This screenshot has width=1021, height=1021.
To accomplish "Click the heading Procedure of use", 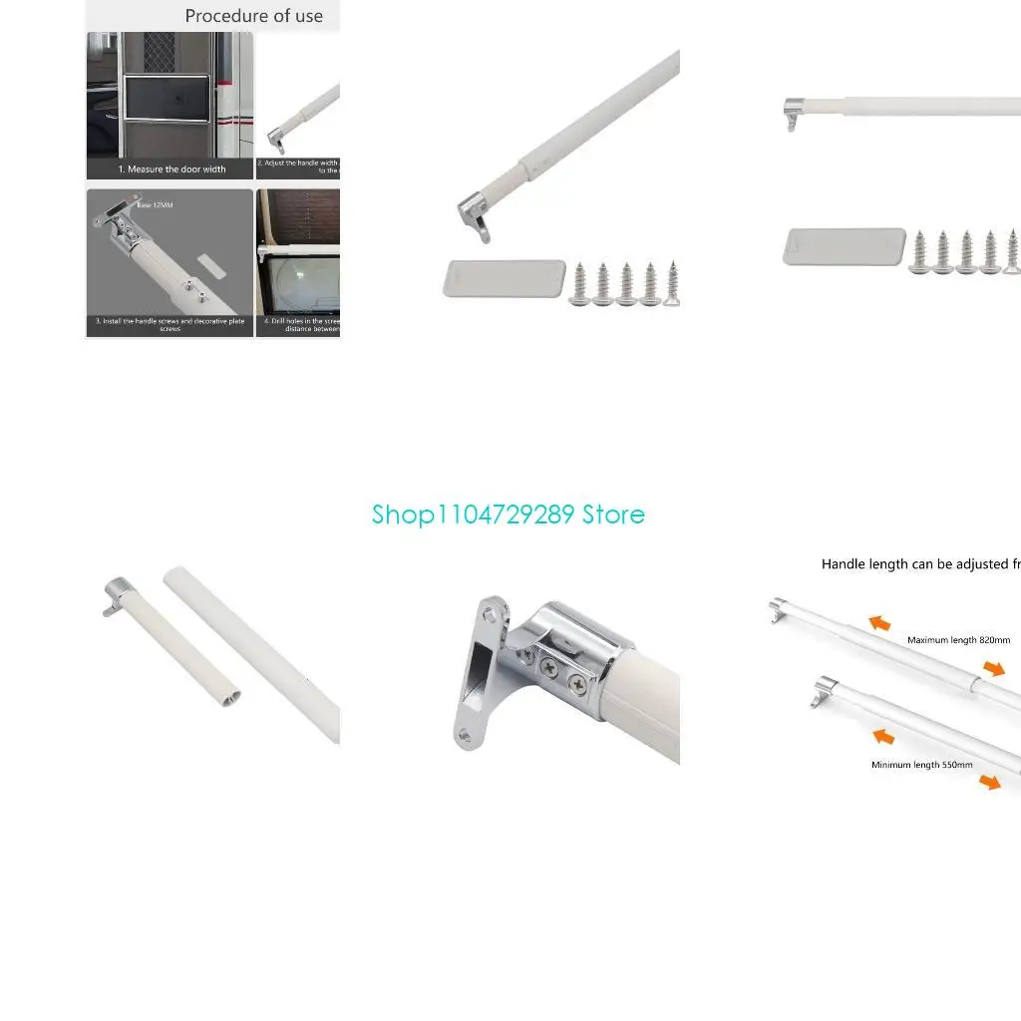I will coord(253,16).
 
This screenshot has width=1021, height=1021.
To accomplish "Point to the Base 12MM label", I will coord(155,204).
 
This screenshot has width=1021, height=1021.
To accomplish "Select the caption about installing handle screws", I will coord(170,324).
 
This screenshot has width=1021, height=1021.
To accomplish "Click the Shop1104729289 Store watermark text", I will coord(509,514).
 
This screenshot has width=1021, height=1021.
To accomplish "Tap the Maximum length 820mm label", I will coord(957,640).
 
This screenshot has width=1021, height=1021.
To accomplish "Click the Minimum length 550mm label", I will coord(921,765).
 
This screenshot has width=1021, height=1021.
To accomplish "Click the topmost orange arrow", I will coord(879,623).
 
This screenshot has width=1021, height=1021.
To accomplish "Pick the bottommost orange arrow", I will coord(989,782).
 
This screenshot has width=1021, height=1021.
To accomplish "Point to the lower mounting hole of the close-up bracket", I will coord(465,735).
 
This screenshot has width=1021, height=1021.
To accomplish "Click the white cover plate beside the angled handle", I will coord(504,278).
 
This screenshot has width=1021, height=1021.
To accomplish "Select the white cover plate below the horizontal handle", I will coord(844,247).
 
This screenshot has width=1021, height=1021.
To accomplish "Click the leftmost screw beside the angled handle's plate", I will coord(579,284).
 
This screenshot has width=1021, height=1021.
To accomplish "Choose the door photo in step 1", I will coord(170,95).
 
